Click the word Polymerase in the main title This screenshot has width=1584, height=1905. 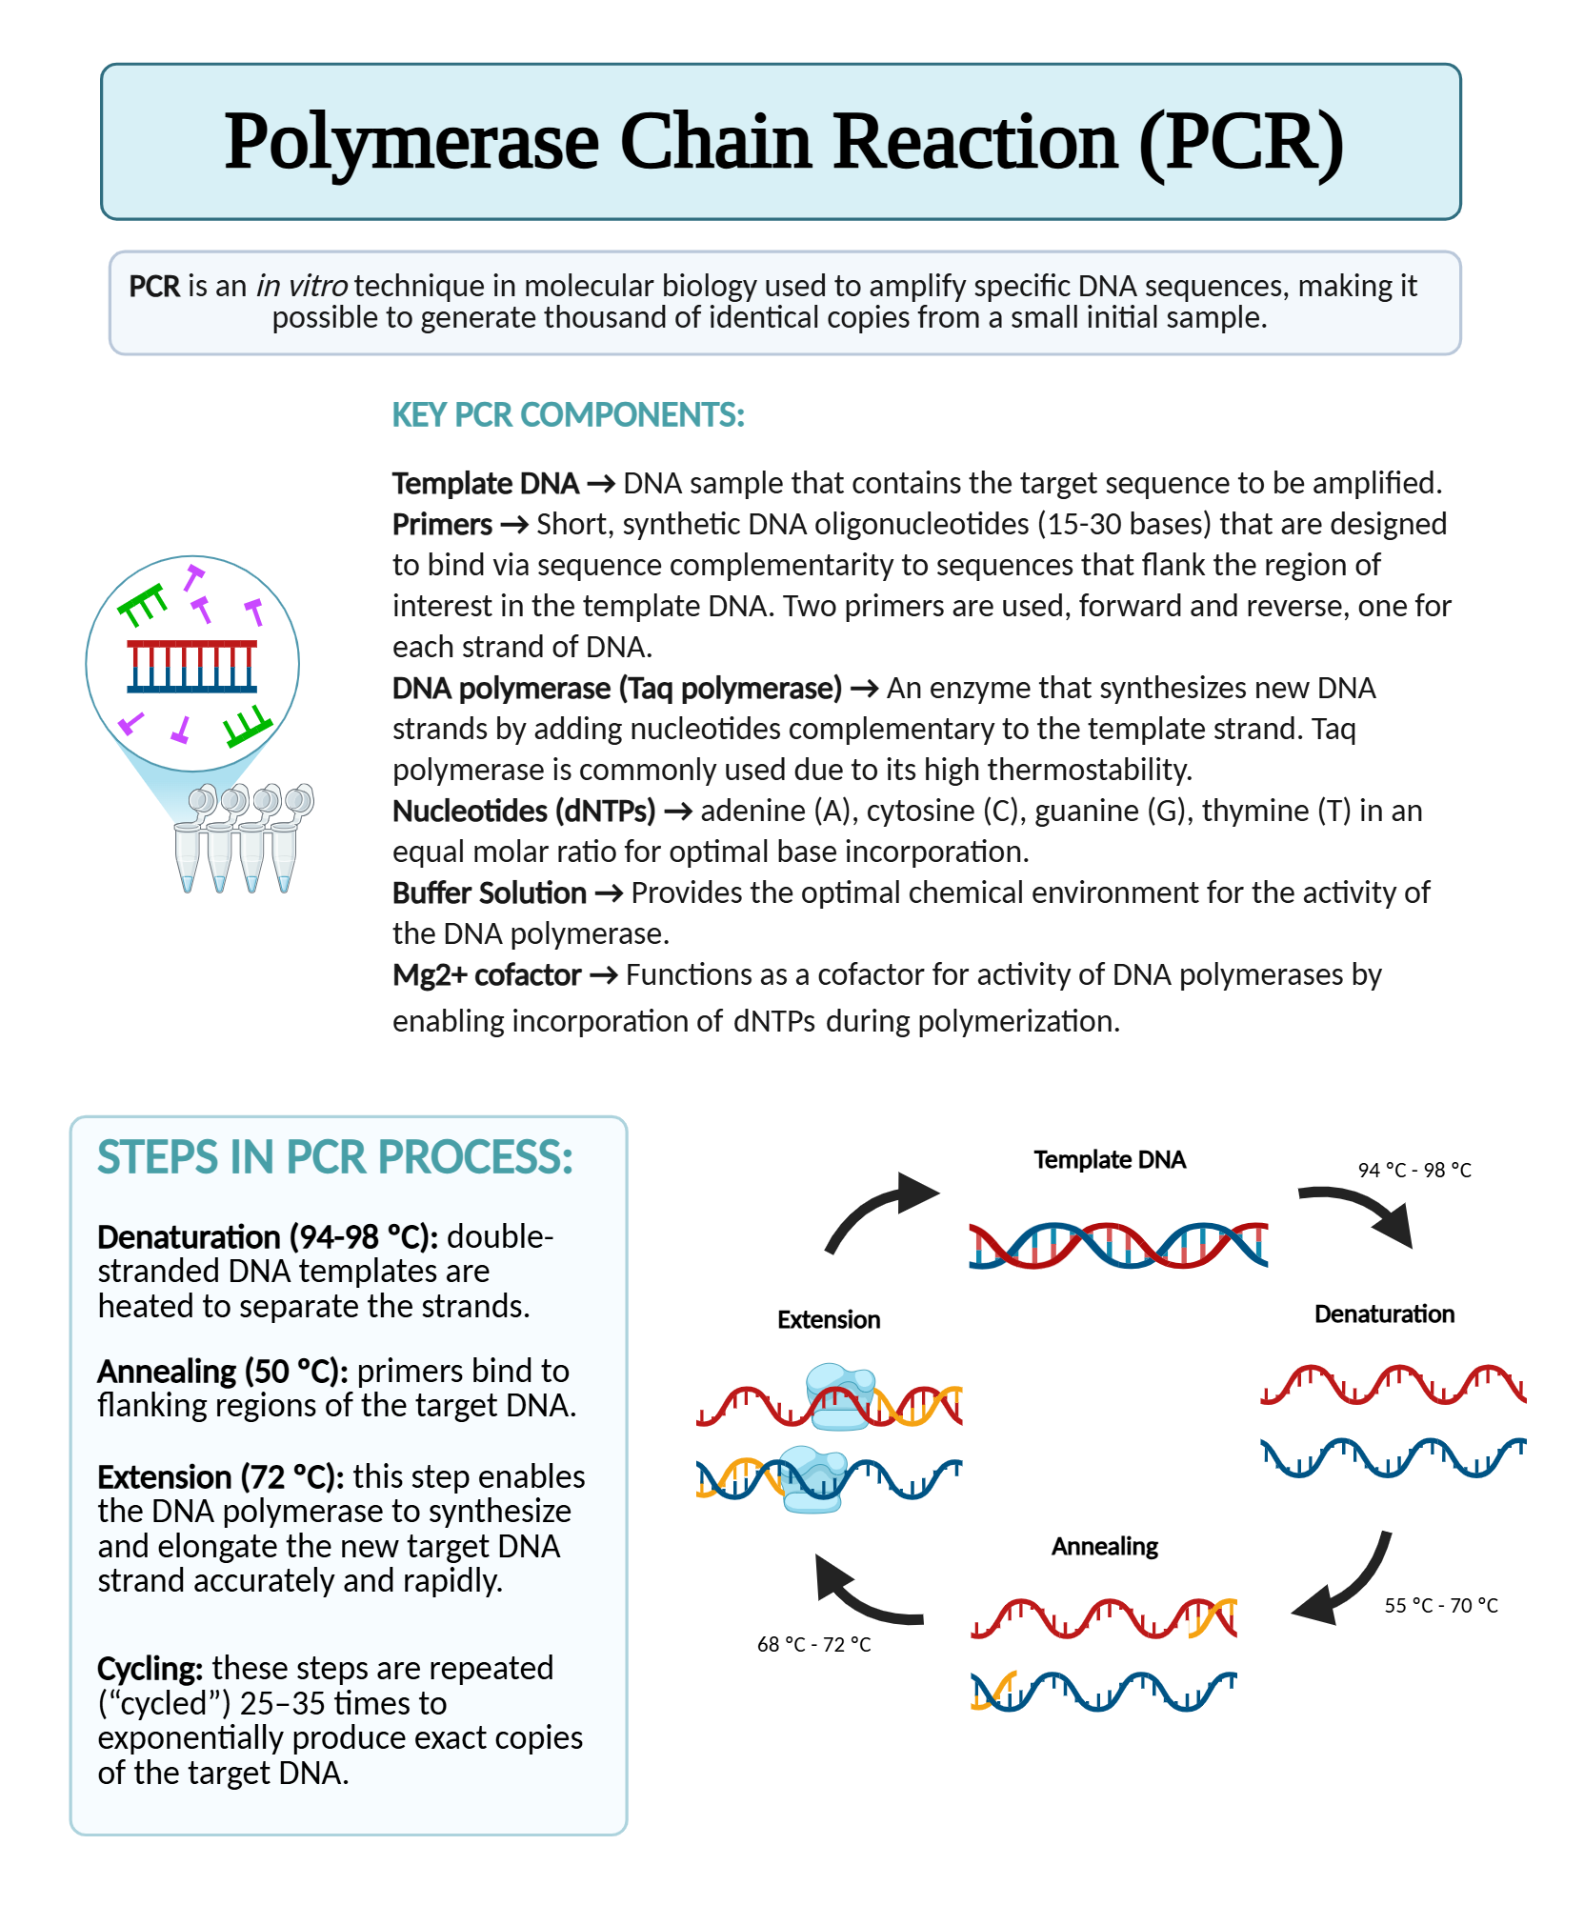pyautogui.click(x=411, y=142)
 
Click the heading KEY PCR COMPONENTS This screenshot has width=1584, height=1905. pyautogui.click(x=568, y=415)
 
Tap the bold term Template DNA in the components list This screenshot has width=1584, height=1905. pyautogui.click(x=485, y=484)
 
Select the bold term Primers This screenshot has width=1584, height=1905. pyautogui.click(x=442, y=525)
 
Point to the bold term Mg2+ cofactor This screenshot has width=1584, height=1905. pyautogui.click(x=486, y=975)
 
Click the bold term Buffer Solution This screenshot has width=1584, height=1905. pyautogui.click(x=489, y=893)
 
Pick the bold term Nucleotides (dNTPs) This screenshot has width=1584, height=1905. pyautogui.click(x=523, y=812)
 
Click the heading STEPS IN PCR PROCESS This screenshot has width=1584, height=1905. pyautogui.click(x=334, y=1158)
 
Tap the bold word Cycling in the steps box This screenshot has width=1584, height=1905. pyautogui.click(x=150, y=1669)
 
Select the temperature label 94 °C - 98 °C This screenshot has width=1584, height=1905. pyautogui.click(x=1414, y=1171)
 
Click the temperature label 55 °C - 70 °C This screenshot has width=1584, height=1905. pyautogui.click(x=1440, y=1606)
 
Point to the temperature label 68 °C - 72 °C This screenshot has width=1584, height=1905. pyautogui.click(x=813, y=1645)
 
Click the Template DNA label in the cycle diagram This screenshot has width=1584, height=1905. pyautogui.click(x=1109, y=1160)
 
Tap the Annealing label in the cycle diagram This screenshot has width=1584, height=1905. pyautogui.click(x=1104, y=1547)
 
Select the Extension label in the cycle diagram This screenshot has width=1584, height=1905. pyautogui.click(x=828, y=1320)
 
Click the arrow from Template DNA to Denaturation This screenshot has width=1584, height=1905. pyautogui.click(x=1363, y=1212)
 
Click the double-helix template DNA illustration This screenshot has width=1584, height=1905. pyautogui.click(x=1117, y=1245)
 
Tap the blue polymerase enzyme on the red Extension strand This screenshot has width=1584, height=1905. pyautogui.click(x=840, y=1396)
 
